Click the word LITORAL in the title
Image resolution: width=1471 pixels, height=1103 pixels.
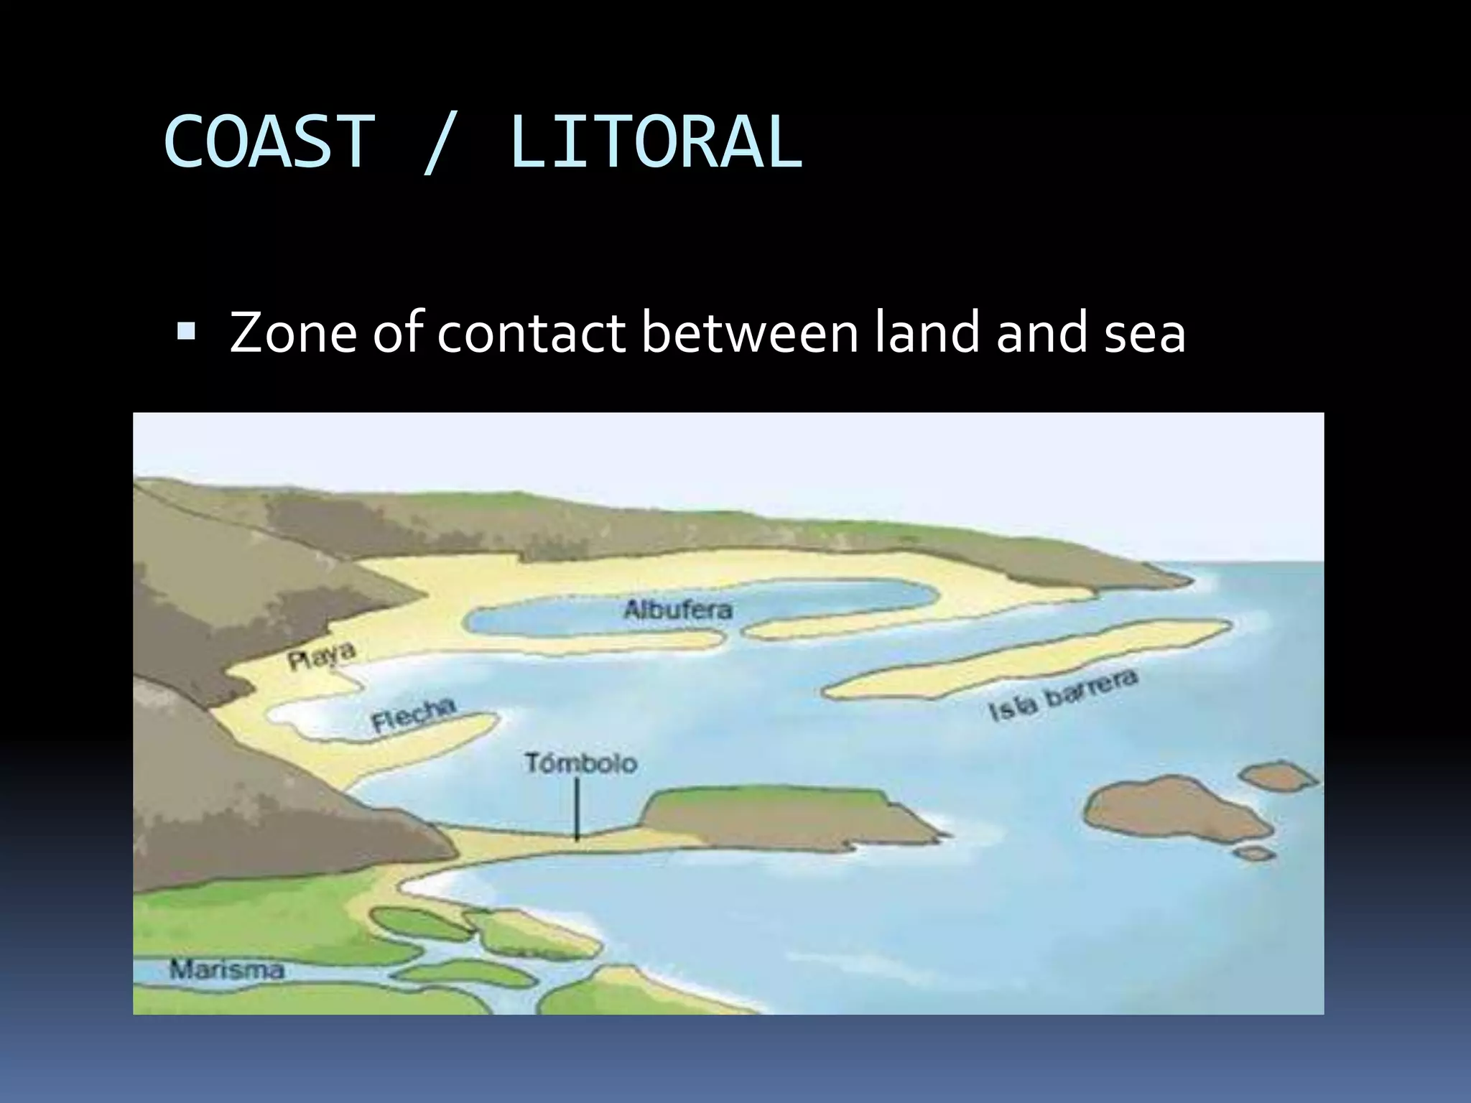655,142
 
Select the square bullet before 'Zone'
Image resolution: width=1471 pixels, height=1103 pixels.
185,332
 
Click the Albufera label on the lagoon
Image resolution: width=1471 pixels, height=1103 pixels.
678,610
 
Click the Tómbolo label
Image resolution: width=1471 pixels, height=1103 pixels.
580,763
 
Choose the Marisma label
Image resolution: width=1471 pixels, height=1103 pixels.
227,971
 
